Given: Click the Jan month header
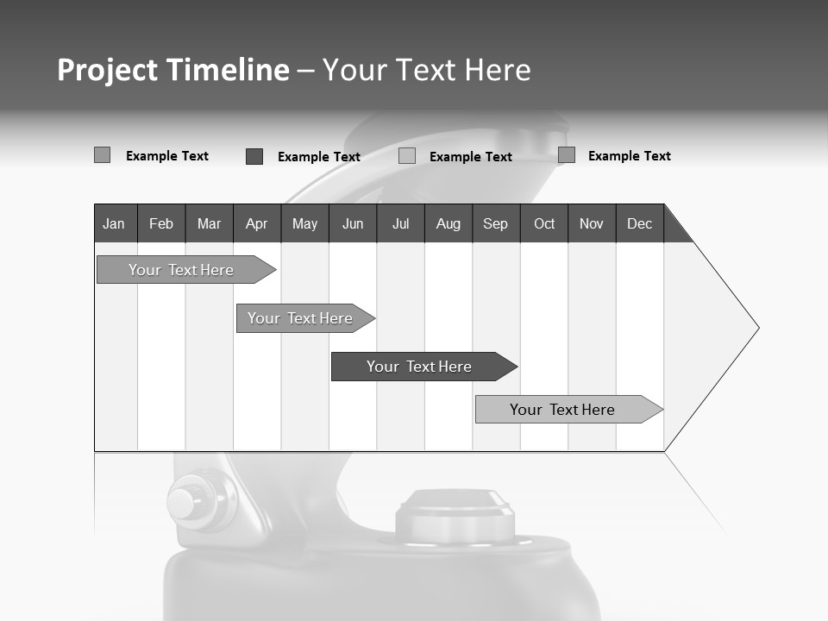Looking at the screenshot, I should pos(115,223).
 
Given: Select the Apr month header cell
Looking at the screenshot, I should pos(257,223).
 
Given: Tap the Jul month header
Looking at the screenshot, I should pos(400,223).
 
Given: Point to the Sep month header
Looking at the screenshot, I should pos(495,223).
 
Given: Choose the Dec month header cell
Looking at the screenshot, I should pos(639,223).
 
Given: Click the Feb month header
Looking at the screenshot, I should pos(161,223).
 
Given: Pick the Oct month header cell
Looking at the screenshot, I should pos(543,223).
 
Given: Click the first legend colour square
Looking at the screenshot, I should pos(102,155).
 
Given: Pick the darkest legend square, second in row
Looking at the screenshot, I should pos(254,156).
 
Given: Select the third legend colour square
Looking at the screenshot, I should pos(407,156).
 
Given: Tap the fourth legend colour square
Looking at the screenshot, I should pos(567,155).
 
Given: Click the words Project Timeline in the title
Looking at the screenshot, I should pos(173,70).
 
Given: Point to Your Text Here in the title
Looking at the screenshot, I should pos(427,70).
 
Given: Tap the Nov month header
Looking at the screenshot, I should pos(592,223).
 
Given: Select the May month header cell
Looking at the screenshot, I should pos(304,223).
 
